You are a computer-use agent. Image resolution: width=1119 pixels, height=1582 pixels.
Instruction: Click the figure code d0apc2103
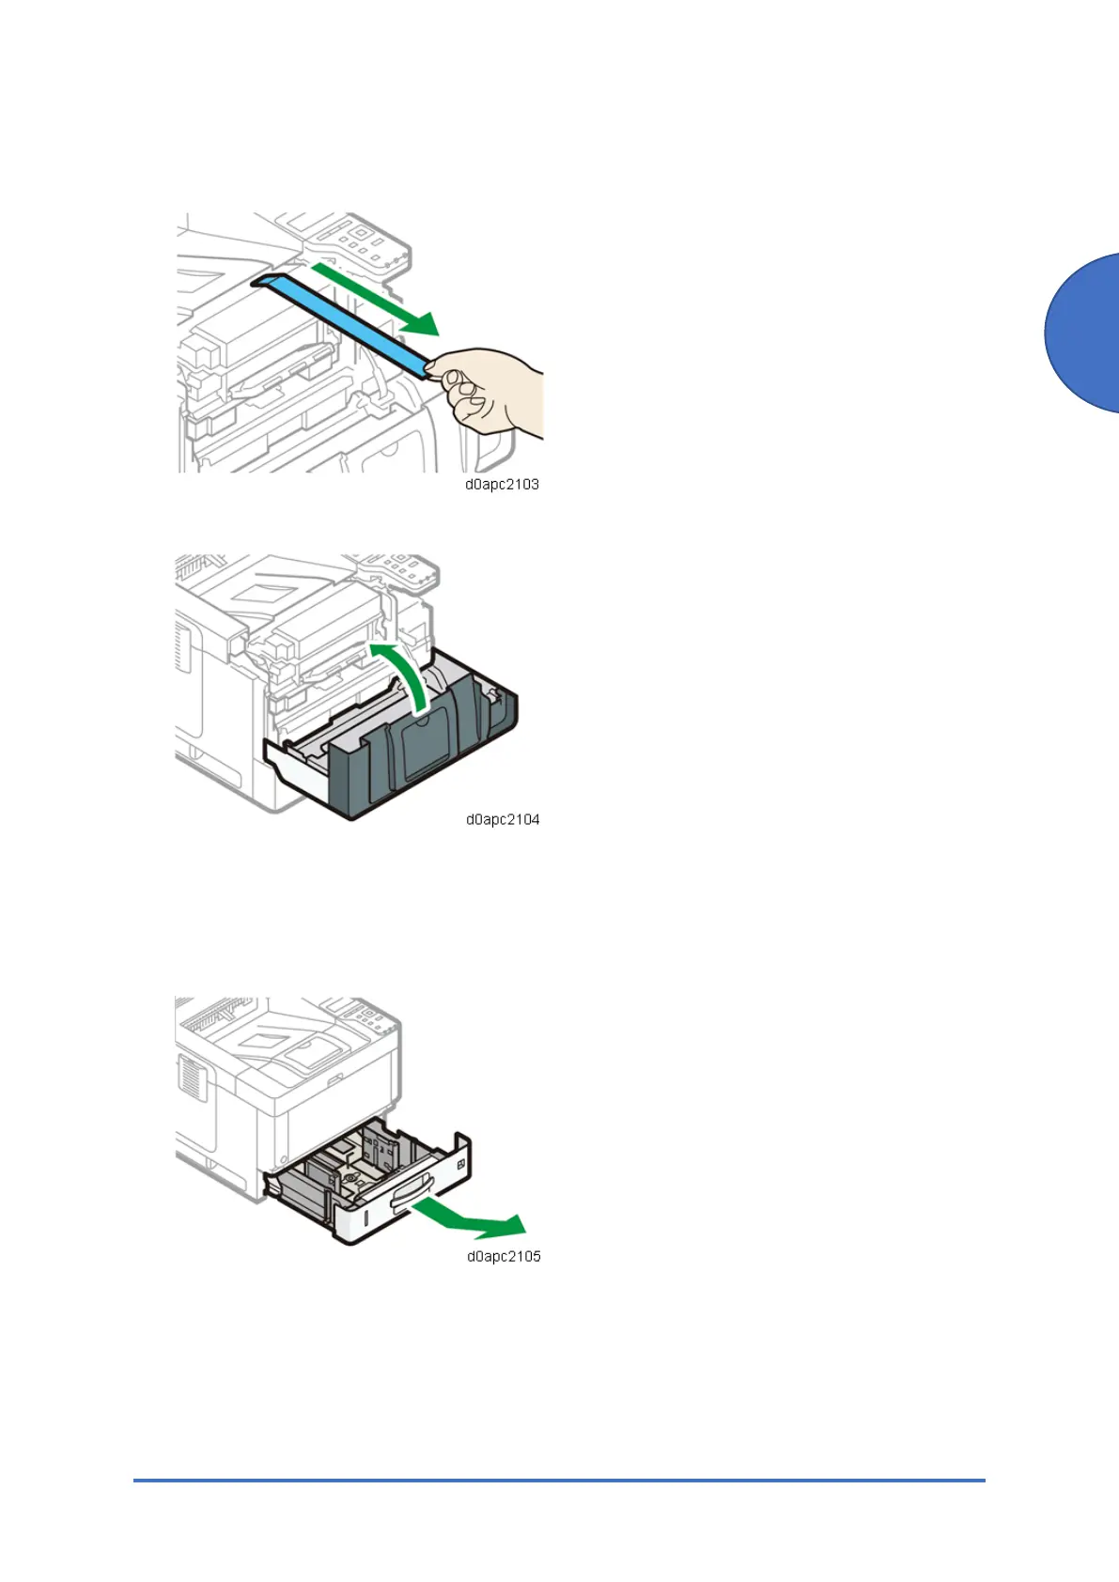click(502, 485)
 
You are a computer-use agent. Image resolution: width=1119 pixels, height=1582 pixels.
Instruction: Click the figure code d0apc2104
click(503, 819)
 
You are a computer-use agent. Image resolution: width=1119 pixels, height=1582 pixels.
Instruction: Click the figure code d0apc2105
click(504, 1256)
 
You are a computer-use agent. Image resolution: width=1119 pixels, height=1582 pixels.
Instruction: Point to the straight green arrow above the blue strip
click(376, 298)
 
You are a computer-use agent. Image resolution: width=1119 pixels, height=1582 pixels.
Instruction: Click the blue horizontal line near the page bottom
click(559, 1481)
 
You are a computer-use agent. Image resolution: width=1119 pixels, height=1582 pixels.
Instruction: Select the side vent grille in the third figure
click(190, 1077)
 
